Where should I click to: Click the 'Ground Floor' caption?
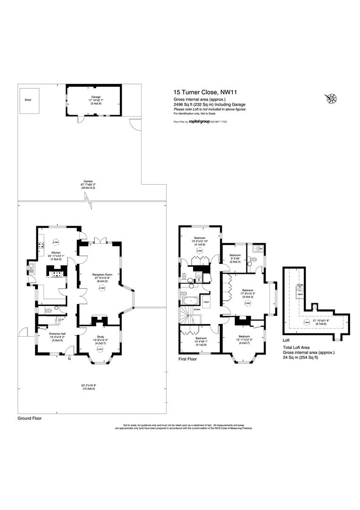30,418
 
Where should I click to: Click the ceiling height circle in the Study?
100,349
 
